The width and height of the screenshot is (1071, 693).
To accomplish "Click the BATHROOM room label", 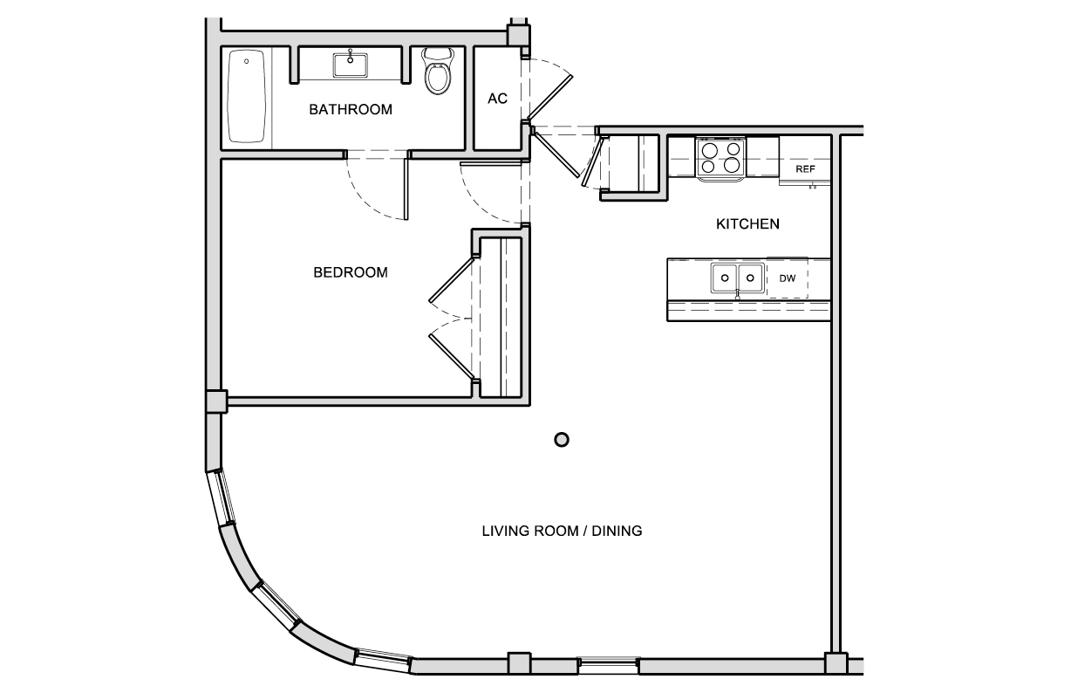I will (x=351, y=110).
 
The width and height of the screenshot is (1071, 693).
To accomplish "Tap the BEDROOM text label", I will (x=350, y=272).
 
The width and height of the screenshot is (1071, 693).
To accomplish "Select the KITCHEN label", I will (x=747, y=224).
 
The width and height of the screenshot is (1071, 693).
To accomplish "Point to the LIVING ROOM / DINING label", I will (x=562, y=531).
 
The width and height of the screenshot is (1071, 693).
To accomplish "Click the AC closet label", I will (x=497, y=99).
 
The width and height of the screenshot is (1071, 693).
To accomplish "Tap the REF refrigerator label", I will (x=805, y=169).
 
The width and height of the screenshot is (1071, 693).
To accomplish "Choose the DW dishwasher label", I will (x=788, y=278).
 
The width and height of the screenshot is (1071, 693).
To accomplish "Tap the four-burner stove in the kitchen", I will (x=720, y=158).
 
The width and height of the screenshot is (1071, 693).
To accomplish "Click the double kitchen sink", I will (x=737, y=278).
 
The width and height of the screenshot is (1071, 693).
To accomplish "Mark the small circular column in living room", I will (x=562, y=440).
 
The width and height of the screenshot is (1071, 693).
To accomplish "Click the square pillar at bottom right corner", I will (x=836, y=664).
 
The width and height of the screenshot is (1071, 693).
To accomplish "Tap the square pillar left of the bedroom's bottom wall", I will (x=215, y=401).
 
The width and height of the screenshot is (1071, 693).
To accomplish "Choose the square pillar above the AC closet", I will (x=518, y=35).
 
